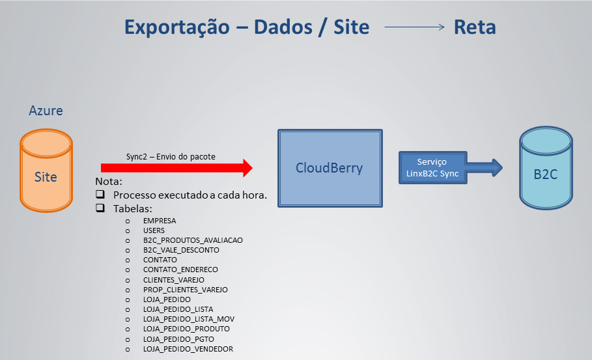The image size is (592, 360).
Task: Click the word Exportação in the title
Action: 176,27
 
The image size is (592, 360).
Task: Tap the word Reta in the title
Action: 475,27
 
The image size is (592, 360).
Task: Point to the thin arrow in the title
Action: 414,28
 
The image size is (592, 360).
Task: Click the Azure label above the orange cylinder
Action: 46,111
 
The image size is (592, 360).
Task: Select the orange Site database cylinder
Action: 46,171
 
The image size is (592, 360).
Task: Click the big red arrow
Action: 176,168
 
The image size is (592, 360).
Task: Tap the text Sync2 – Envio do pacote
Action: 171,156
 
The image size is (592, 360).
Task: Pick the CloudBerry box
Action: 329,168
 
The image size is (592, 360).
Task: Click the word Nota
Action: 109,182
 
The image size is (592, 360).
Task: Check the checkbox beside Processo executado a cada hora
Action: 100,195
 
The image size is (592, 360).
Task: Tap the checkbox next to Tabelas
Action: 100,209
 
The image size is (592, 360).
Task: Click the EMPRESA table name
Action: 160,221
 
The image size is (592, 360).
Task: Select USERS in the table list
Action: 154,230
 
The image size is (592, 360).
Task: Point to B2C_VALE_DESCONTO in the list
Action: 181,250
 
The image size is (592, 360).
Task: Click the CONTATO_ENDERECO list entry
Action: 180,270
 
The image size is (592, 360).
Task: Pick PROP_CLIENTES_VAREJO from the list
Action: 185,290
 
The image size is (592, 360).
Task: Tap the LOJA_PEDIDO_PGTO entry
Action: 178,339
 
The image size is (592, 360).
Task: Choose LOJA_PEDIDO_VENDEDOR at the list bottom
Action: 188,350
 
